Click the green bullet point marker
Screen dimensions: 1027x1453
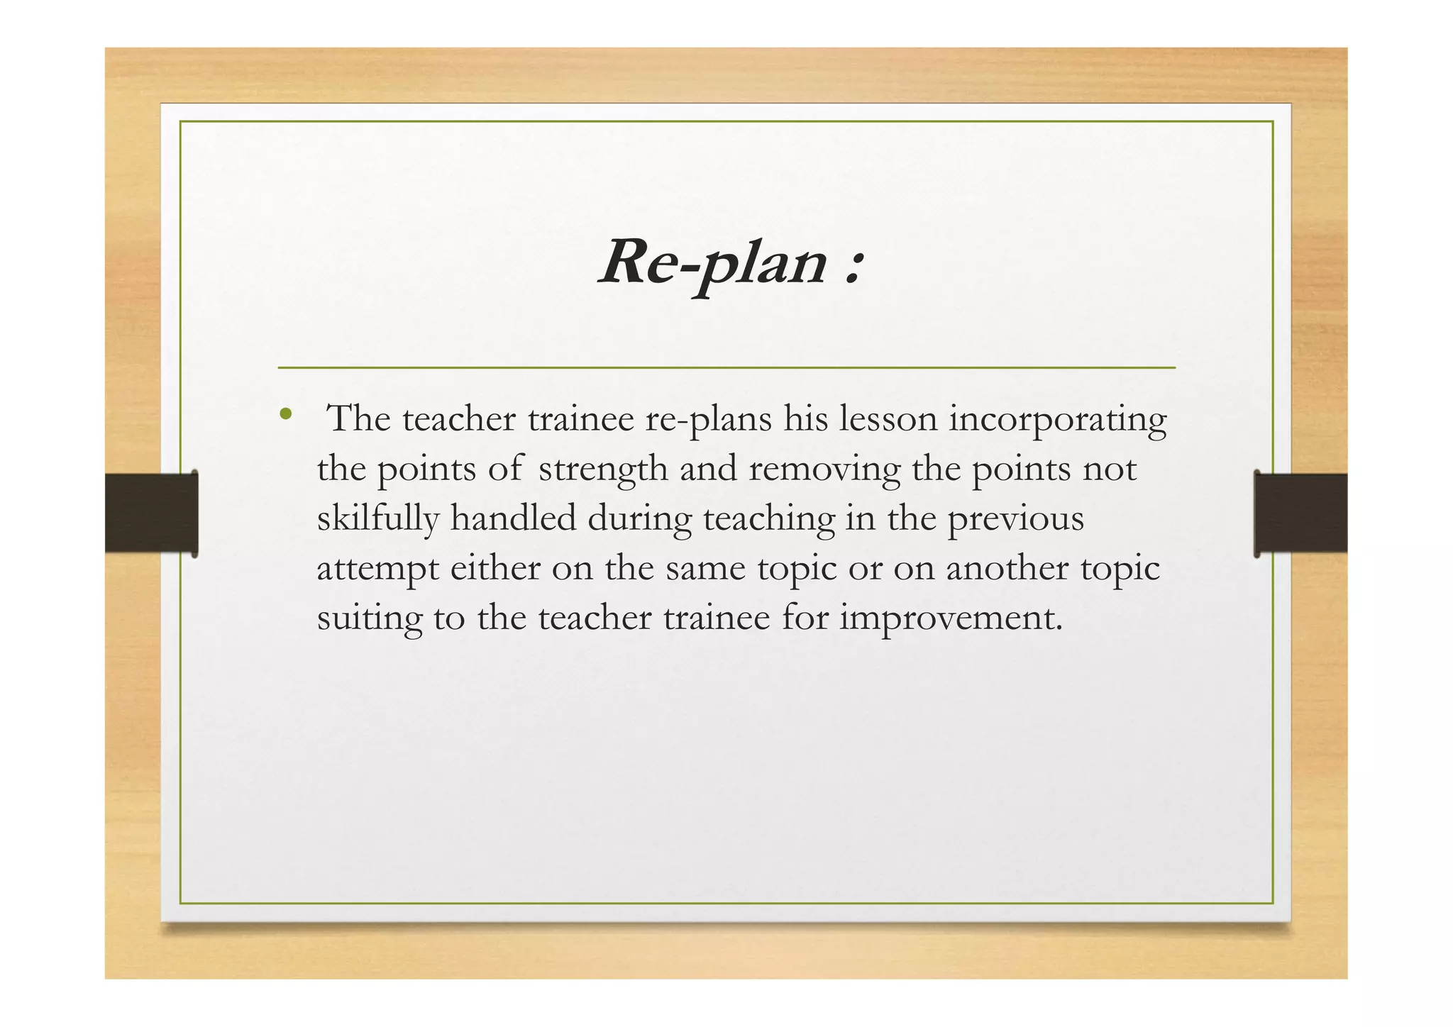[286, 414]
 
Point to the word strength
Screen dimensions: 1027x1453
[603, 470]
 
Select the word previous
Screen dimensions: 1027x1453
[1016, 520]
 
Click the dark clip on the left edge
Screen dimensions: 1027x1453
[151, 513]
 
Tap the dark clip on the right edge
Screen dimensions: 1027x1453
[1300, 513]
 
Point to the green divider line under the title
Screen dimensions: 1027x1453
[726, 368]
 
